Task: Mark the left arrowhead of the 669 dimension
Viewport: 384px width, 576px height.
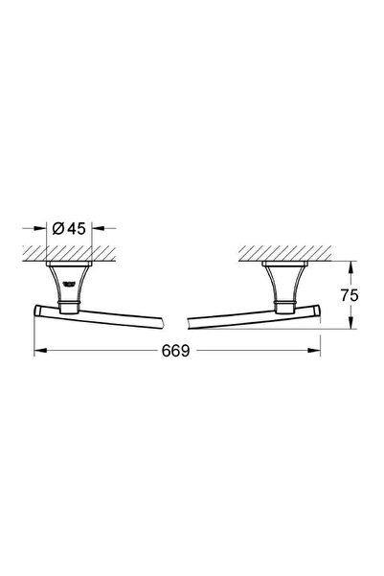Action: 39,351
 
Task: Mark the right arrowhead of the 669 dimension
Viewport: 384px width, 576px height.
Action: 316,351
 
